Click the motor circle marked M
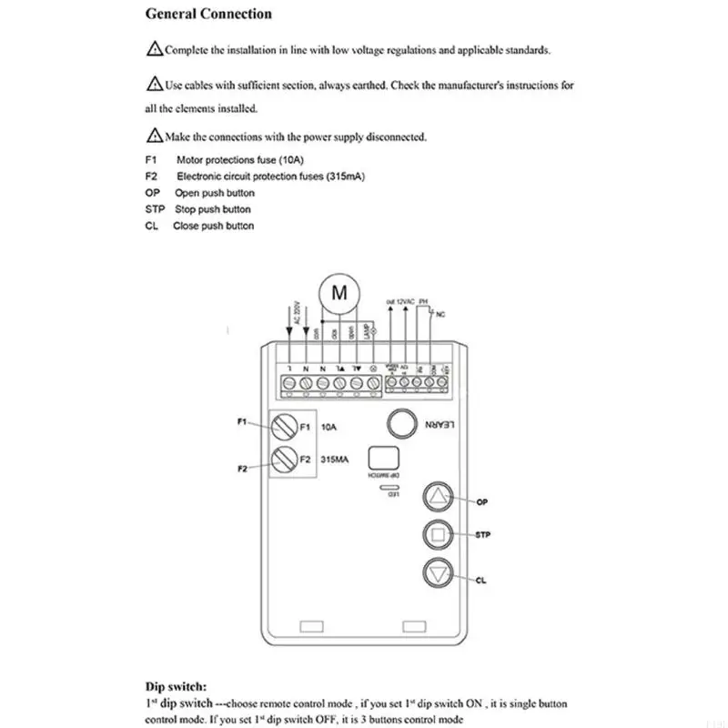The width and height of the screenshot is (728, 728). pos(339,293)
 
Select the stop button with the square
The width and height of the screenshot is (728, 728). pos(439,535)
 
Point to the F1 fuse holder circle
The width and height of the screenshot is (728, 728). pos(285,426)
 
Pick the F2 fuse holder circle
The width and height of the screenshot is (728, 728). pos(285,458)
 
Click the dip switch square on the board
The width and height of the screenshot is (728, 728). pos(382,458)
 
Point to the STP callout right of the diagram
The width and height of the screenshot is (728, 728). pos(482,535)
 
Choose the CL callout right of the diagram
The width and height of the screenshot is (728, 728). pos(480,580)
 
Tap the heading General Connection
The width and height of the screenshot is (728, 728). pos(208,14)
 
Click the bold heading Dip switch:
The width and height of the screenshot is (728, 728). pos(177,687)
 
